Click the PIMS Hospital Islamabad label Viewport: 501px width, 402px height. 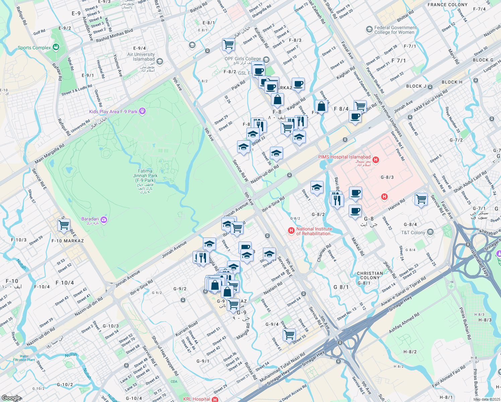(x=344, y=157)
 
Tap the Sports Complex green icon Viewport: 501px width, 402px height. (x=56, y=47)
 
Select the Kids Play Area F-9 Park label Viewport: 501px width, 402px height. (x=113, y=112)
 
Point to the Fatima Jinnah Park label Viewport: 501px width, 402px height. (x=145, y=176)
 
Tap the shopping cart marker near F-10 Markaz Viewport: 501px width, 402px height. (x=64, y=224)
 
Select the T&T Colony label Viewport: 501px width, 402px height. (x=413, y=232)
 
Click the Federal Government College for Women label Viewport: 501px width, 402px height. (x=395, y=30)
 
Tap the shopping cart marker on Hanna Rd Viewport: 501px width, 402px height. (x=421, y=199)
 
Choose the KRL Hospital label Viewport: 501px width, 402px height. (x=197, y=399)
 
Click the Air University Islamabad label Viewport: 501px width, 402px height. (x=141, y=57)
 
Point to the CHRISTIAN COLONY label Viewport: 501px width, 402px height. (x=370, y=275)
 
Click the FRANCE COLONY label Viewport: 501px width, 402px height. (x=447, y=5)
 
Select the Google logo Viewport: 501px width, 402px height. (x=11, y=398)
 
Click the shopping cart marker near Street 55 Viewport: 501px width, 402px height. (x=289, y=334)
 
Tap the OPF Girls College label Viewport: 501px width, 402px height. (x=243, y=59)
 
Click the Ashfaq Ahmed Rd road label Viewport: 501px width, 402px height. (x=404, y=323)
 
